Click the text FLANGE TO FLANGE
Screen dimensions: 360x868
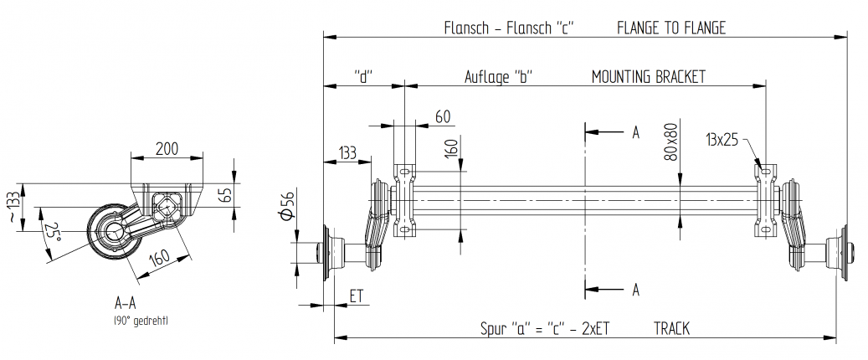point(670,28)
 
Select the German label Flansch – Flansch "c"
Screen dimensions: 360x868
point(508,28)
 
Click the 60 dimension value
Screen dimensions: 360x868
point(443,116)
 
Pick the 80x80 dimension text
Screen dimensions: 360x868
point(670,143)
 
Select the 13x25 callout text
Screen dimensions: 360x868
point(722,140)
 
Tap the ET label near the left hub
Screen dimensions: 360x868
point(356,296)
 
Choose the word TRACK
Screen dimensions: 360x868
point(671,329)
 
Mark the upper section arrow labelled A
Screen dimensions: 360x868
point(634,132)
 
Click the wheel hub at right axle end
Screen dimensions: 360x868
point(838,250)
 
